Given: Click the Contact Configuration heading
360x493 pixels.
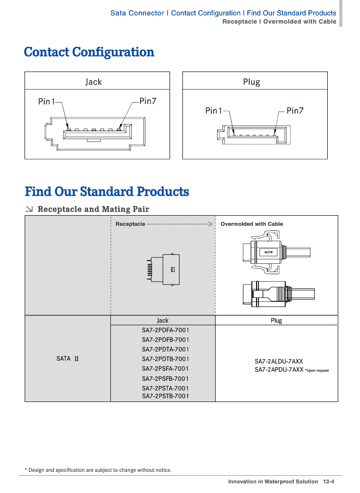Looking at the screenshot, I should coord(89,52).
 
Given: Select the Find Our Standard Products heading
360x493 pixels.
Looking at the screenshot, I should coord(107,192).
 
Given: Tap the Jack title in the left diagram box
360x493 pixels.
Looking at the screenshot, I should coord(93,82).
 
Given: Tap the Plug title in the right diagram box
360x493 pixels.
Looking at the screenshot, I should coord(251,82).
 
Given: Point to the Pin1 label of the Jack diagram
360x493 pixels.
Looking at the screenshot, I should coord(47,102).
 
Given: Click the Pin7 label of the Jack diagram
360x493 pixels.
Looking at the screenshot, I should coord(148,101).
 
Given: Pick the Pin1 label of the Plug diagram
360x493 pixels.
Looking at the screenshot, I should coord(214,111).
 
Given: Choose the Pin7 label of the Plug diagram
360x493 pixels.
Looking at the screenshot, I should coord(295,111).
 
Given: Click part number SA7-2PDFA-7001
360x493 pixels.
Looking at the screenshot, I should coord(166,330).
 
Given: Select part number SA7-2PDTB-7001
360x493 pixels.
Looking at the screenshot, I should coord(166,359).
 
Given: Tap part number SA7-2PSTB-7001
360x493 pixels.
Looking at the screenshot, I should coord(166,396).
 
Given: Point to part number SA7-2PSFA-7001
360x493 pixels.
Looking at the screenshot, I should coord(166,369).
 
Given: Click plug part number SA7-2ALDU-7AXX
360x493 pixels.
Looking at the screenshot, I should coord(279,361).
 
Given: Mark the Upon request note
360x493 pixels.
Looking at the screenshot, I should coord(317,370).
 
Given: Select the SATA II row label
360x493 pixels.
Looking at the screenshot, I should coord(67,359).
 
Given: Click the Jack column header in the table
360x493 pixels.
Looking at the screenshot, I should coord(163,321).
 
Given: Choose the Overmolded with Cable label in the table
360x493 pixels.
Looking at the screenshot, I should coord(252,224).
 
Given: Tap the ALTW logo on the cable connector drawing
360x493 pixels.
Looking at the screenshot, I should coord(268,252).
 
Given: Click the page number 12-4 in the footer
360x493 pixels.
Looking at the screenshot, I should coord(329,481).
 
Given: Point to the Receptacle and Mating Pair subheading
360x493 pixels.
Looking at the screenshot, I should coord(93,209).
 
